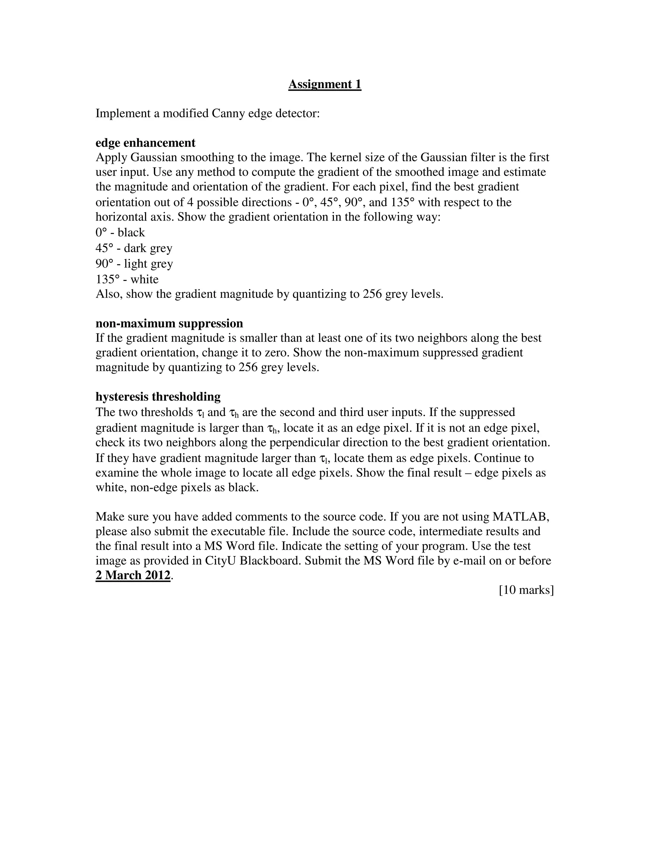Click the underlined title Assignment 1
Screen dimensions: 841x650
pos(325,84)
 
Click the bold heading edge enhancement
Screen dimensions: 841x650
pos(145,143)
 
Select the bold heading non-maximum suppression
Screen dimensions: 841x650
pos(169,323)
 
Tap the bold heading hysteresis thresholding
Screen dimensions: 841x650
pos(158,396)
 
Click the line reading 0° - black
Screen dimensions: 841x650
pos(120,233)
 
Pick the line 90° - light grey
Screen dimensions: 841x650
pos(134,264)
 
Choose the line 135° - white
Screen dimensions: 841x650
pos(127,279)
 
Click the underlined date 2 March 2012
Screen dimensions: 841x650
pos(133,575)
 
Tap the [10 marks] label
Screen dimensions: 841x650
pos(526,590)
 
